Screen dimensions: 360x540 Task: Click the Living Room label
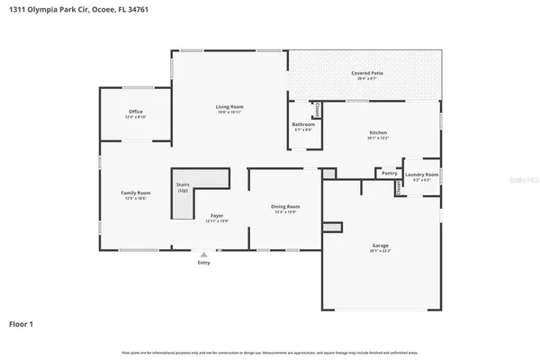pos(229,106)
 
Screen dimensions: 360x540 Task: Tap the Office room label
pos(135,112)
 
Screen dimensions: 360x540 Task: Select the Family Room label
pos(136,193)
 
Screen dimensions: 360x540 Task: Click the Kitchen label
pos(377,132)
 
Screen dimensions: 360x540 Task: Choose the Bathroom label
pos(303,124)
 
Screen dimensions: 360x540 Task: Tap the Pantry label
pos(390,173)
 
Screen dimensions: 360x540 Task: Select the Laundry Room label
pos(421,174)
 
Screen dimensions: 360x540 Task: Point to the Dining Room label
pos(285,207)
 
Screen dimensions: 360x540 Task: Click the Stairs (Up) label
pos(183,186)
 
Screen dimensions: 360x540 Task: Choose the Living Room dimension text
pos(229,112)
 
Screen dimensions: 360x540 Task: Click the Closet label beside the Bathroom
pos(317,111)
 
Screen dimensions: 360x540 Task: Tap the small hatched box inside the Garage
pos(332,227)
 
